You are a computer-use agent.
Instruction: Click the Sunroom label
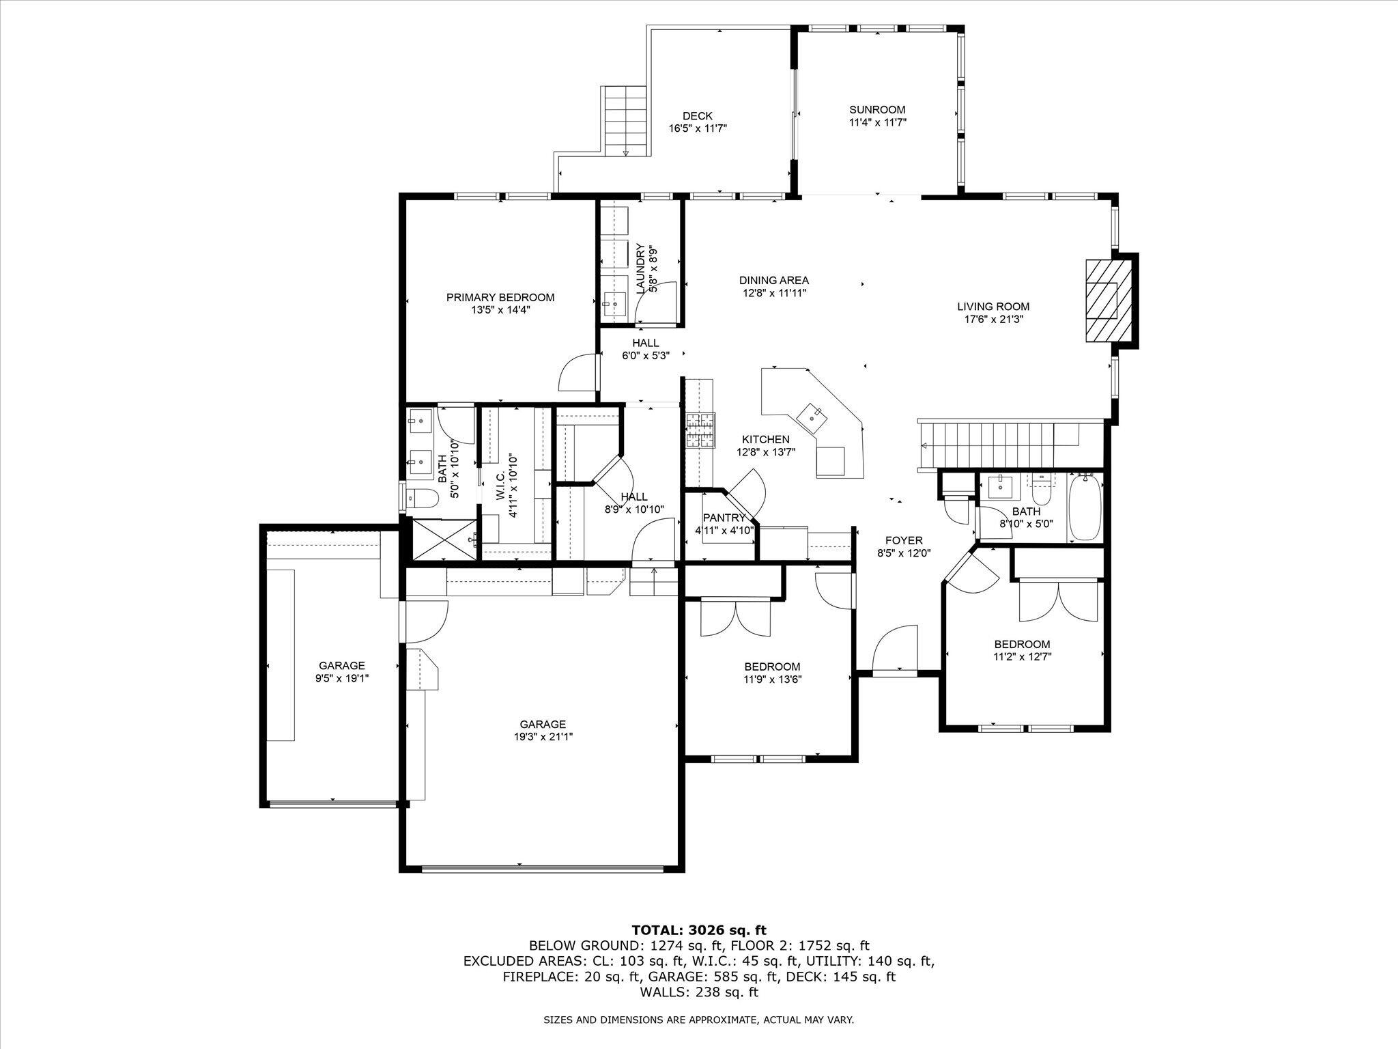click(x=877, y=109)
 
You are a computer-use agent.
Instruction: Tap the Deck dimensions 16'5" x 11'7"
click(x=697, y=128)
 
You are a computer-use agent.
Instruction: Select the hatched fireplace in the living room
click(x=1102, y=300)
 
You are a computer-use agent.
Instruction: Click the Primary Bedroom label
click(x=500, y=297)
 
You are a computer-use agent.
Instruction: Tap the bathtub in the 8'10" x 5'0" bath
click(x=1083, y=507)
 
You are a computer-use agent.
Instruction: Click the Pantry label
click(x=724, y=518)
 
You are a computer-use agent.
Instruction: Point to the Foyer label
click(x=904, y=540)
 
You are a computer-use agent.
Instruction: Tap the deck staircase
click(x=625, y=122)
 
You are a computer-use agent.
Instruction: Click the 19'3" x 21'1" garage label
click(x=543, y=725)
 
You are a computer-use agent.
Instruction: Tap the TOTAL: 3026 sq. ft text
click(x=698, y=930)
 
